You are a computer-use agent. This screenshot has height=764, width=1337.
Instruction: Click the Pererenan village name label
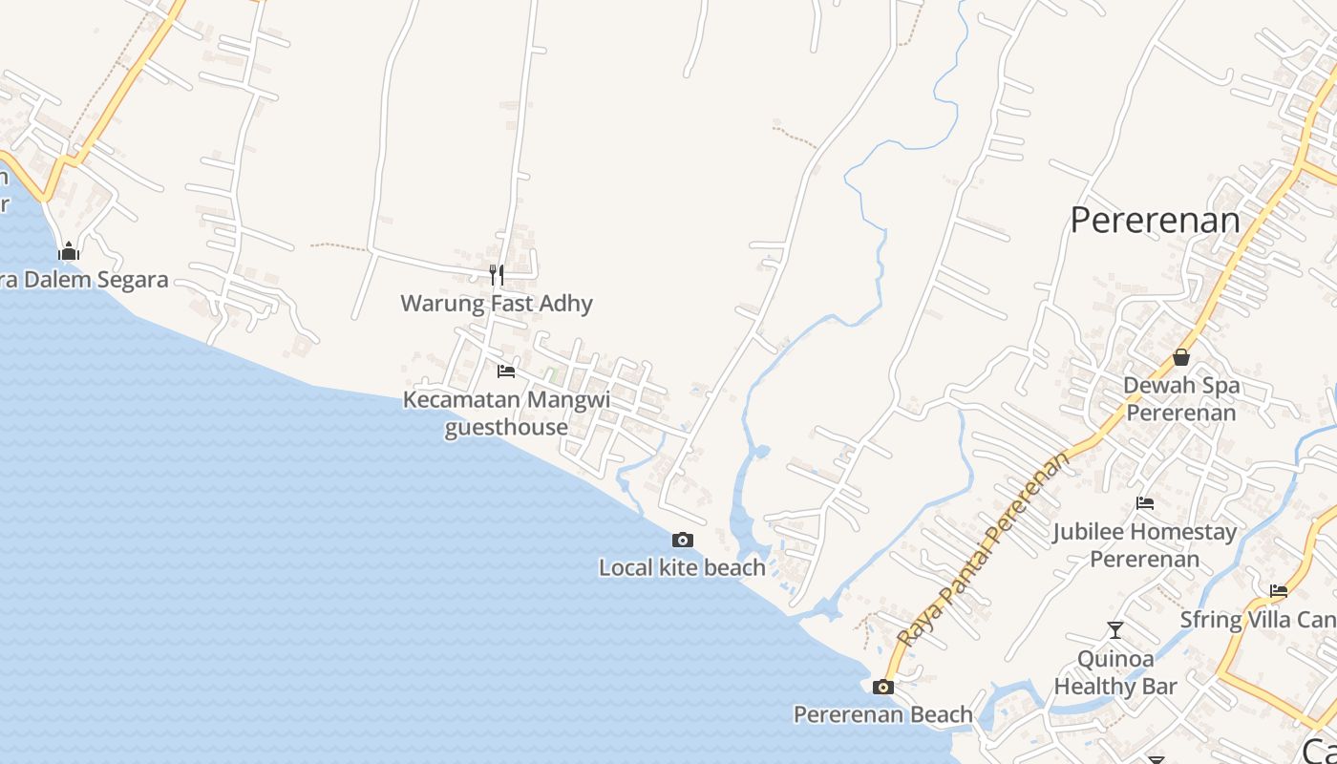(1155, 221)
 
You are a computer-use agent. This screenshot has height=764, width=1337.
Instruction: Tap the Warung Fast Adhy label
(497, 304)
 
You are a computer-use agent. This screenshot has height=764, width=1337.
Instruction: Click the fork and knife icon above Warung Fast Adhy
(497, 275)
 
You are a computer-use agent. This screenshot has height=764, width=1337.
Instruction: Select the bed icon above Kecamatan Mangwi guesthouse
(506, 371)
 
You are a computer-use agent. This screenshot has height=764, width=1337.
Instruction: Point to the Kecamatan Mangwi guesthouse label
(506, 413)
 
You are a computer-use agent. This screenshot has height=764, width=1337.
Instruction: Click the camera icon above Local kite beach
(682, 540)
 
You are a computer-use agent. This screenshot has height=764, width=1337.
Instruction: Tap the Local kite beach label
(682, 568)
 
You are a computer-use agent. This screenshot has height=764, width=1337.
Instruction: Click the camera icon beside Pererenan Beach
(883, 687)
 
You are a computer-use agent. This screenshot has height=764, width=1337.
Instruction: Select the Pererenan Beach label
(883, 714)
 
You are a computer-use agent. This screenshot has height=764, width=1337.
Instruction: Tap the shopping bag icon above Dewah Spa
(1181, 357)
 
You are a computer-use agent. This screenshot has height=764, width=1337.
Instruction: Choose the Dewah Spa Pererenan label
(1181, 399)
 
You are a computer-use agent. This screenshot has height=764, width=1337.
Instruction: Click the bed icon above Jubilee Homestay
(1145, 503)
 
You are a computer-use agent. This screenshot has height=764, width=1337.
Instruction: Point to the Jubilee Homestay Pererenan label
(1145, 544)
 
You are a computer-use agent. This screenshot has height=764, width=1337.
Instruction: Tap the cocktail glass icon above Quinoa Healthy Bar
(1114, 630)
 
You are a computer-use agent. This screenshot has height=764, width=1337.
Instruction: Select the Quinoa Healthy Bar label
(1114, 672)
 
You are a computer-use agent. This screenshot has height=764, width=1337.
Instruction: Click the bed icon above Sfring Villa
(1279, 590)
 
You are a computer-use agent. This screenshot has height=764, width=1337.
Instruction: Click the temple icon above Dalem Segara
(69, 251)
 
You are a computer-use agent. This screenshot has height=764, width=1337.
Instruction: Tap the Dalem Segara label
(86, 280)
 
